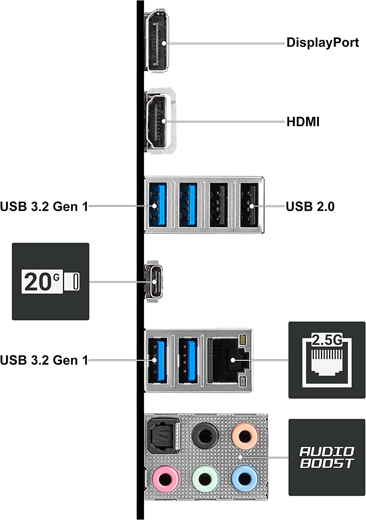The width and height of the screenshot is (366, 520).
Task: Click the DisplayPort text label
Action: [322, 43]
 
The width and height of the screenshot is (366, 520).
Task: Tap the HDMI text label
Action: [303, 122]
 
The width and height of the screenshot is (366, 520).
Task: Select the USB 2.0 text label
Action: [310, 207]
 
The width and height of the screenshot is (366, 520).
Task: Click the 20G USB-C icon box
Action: [51, 281]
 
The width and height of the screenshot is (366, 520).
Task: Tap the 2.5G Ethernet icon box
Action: [327, 360]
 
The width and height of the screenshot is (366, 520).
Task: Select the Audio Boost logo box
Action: [327, 457]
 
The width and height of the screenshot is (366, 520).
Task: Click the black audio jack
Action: [205, 435]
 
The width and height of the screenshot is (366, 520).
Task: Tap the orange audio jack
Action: [245, 435]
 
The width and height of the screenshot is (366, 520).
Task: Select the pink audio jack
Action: [165, 478]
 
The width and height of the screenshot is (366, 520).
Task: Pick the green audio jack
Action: [205, 479]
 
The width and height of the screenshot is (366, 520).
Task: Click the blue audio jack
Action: [245, 478]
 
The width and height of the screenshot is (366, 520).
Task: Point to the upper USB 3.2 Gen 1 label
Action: [44, 207]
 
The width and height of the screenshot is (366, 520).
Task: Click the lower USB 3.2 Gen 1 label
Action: [44, 360]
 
